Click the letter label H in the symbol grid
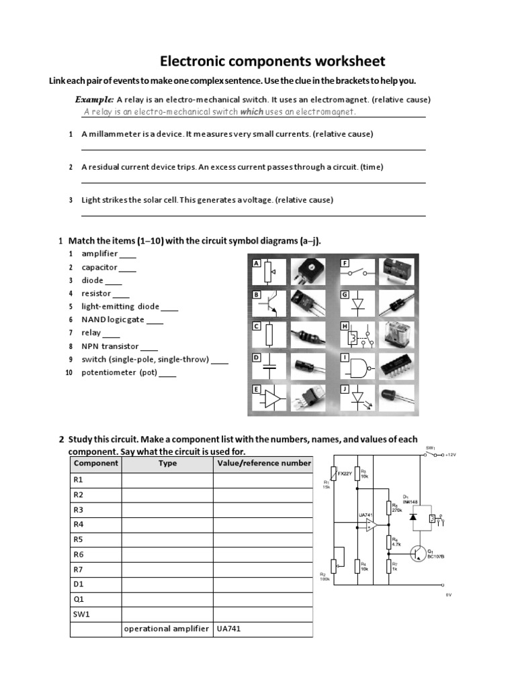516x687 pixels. pos(345,327)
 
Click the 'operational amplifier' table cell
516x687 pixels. pos(166,629)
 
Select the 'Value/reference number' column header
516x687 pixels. pos(263,463)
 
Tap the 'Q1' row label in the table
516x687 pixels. pos(79,598)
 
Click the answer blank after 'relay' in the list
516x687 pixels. pos(112,333)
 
